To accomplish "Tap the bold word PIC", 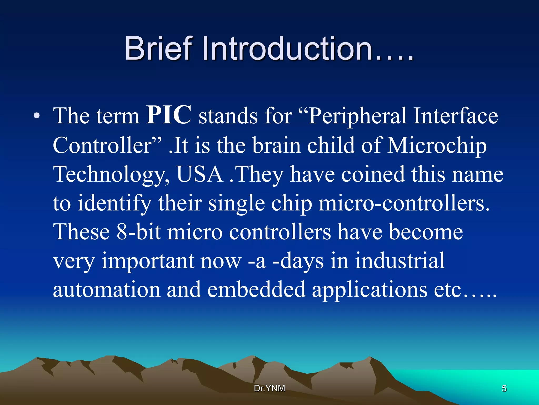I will [169, 115].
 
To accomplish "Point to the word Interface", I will [455, 116].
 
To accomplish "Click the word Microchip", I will [437, 146].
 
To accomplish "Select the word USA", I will [200, 175].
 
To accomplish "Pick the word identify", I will [114, 204].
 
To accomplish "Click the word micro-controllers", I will [404, 204].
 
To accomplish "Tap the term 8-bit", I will [138, 232].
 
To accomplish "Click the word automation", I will [107, 290].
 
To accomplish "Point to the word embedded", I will [256, 290].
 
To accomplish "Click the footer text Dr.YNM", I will [269, 388].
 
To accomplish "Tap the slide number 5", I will [504, 388].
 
